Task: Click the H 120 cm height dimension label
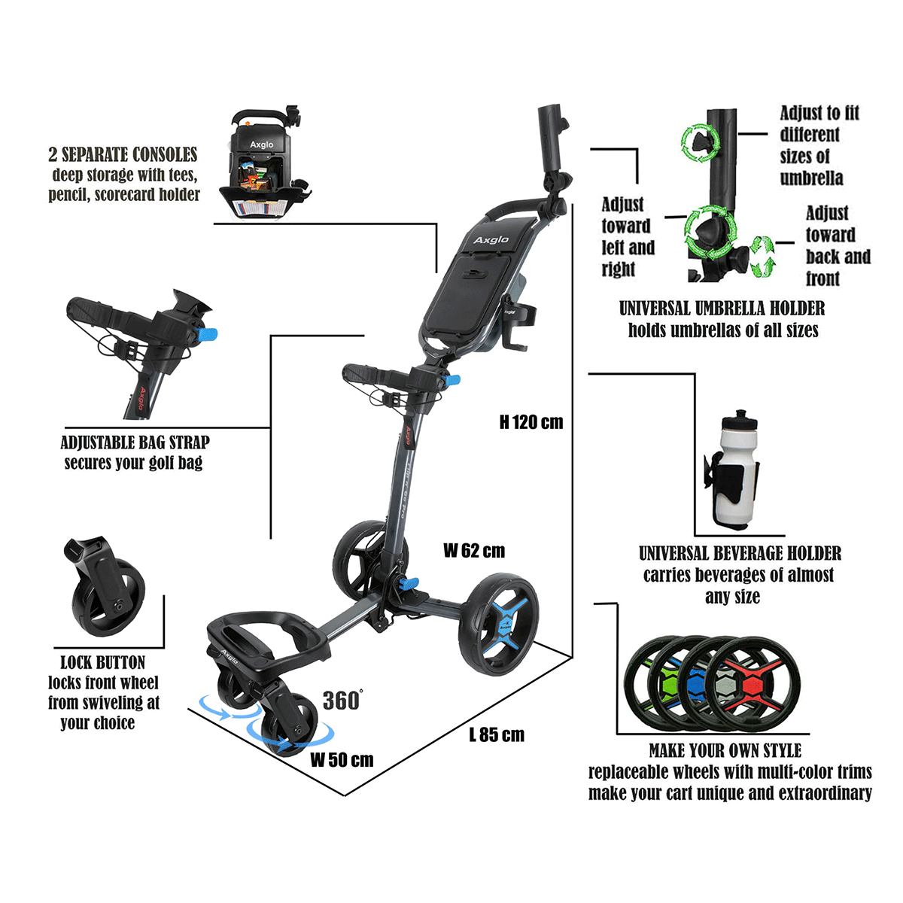point(531,422)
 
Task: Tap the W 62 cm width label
point(474,551)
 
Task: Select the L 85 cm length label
point(497,734)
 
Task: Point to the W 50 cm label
point(342,759)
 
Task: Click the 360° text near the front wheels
point(342,701)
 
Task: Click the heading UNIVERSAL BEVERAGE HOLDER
point(740,554)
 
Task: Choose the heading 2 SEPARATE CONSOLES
point(123,155)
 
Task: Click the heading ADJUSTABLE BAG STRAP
point(135,442)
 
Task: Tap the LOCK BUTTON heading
point(102,663)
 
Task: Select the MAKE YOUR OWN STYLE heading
point(725,751)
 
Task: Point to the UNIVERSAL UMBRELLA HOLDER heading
point(722,309)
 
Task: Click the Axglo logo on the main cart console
point(491,240)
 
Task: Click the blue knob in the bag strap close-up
point(208,333)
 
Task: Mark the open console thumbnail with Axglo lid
point(266,166)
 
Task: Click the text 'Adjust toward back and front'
point(837,246)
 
